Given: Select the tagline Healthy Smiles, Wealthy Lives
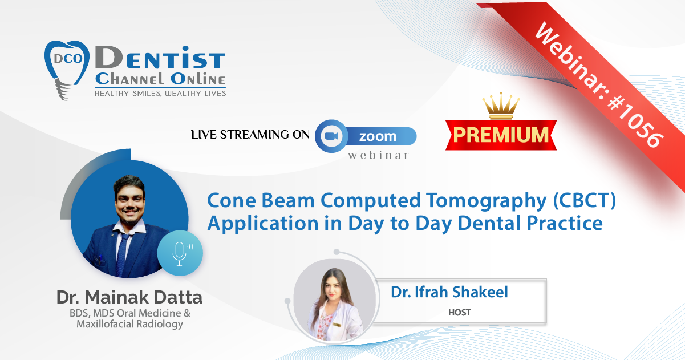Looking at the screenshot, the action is click(x=160, y=94).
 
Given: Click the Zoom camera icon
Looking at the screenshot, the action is click(x=331, y=136).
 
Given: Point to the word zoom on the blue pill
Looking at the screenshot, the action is click(x=378, y=136).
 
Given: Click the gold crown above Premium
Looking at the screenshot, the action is click(x=501, y=106).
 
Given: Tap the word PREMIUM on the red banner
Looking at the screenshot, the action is click(x=501, y=135).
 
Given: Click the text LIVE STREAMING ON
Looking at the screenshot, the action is click(x=250, y=135).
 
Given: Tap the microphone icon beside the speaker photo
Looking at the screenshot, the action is click(x=181, y=253).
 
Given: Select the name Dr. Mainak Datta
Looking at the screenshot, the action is click(x=129, y=297).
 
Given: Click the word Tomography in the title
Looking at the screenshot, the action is click(x=487, y=201).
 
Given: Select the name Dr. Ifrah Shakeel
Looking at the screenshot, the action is click(x=449, y=292).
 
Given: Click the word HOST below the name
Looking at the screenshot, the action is click(x=459, y=312).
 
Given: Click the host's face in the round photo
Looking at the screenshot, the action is click(x=333, y=286).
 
